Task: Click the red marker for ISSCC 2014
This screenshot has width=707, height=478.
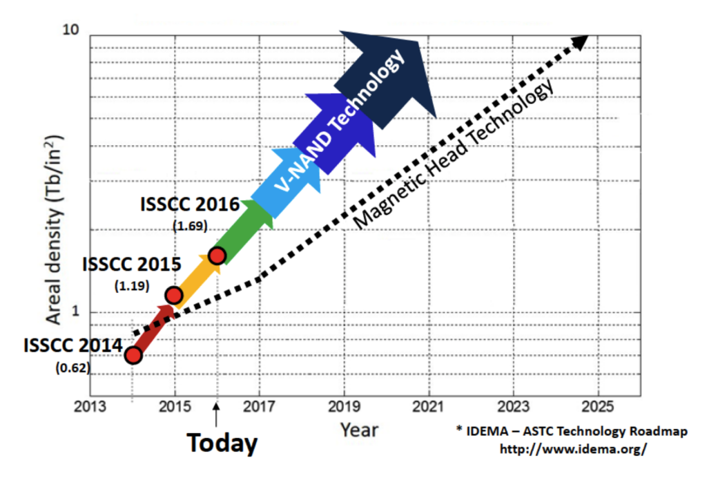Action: point(133,356)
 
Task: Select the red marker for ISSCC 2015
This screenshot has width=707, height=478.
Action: point(174,296)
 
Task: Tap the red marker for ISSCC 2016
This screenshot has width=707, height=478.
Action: point(217,256)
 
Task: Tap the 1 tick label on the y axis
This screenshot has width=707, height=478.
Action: point(77,313)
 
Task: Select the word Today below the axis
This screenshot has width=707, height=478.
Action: point(222,443)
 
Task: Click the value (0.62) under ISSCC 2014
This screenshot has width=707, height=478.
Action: point(72,368)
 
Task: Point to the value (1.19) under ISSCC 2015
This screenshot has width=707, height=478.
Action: point(131,285)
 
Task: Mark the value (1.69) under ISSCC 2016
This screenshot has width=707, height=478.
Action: point(189,225)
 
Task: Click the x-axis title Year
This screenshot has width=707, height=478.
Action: point(359,430)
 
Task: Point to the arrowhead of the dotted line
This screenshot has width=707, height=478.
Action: point(581,41)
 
